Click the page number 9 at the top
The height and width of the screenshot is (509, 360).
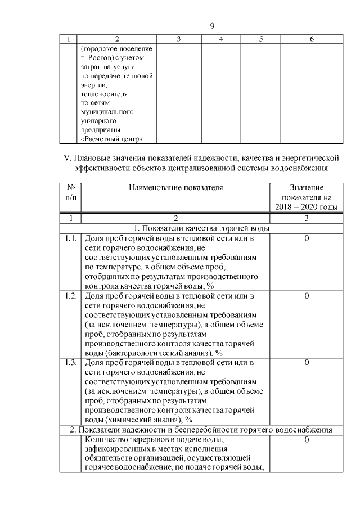coord(212,25)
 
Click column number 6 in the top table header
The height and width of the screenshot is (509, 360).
coord(312,39)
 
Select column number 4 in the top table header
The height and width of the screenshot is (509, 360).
coord(221,39)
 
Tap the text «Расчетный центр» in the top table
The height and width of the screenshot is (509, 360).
coord(111,139)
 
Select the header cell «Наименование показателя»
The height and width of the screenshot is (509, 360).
coord(175,188)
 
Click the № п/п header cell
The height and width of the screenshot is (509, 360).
coord(70,192)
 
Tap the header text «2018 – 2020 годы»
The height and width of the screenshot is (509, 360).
coord(307,208)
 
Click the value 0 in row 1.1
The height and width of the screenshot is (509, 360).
coord(307,238)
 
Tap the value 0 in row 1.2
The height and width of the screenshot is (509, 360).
coord(307,295)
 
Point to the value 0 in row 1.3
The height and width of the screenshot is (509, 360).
coord(307,362)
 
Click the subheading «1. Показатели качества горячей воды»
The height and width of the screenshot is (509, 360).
coord(201,228)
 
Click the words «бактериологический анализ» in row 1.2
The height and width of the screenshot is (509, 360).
coord(157,353)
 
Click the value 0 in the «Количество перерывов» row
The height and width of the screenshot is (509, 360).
coord(307,439)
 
